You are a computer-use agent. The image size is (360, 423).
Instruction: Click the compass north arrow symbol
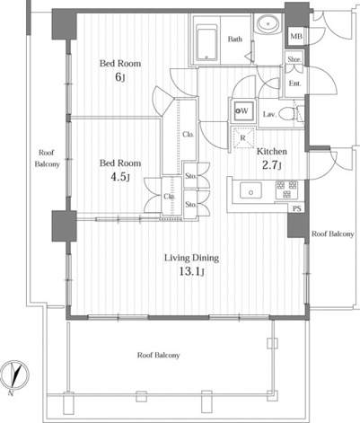(x=14, y=375)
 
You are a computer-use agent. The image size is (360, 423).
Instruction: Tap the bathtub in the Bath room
(x=206, y=42)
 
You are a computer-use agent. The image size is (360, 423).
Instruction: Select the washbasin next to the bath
(x=268, y=23)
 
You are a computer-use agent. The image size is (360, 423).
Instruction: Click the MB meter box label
(x=296, y=37)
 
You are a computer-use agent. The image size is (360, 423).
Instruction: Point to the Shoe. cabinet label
(x=294, y=59)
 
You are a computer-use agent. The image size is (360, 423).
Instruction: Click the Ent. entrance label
(x=294, y=84)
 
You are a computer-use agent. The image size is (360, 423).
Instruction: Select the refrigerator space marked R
(x=243, y=138)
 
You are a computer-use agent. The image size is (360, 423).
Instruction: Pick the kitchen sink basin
(x=250, y=190)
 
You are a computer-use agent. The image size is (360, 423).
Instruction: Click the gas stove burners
(x=286, y=189)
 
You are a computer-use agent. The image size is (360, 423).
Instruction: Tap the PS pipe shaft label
(x=297, y=208)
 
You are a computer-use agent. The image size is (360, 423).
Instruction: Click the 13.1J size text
(x=191, y=272)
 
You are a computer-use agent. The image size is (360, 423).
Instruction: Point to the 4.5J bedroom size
(x=120, y=177)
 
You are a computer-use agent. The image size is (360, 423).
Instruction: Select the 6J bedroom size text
(x=120, y=77)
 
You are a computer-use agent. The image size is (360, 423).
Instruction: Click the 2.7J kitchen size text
(x=272, y=165)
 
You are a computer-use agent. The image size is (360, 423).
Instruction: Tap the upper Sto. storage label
(x=191, y=176)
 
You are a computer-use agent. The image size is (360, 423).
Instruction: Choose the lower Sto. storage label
(x=191, y=205)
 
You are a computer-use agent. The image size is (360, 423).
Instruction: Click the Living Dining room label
(x=191, y=258)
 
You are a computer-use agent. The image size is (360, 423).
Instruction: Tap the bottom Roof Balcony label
(x=159, y=355)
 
